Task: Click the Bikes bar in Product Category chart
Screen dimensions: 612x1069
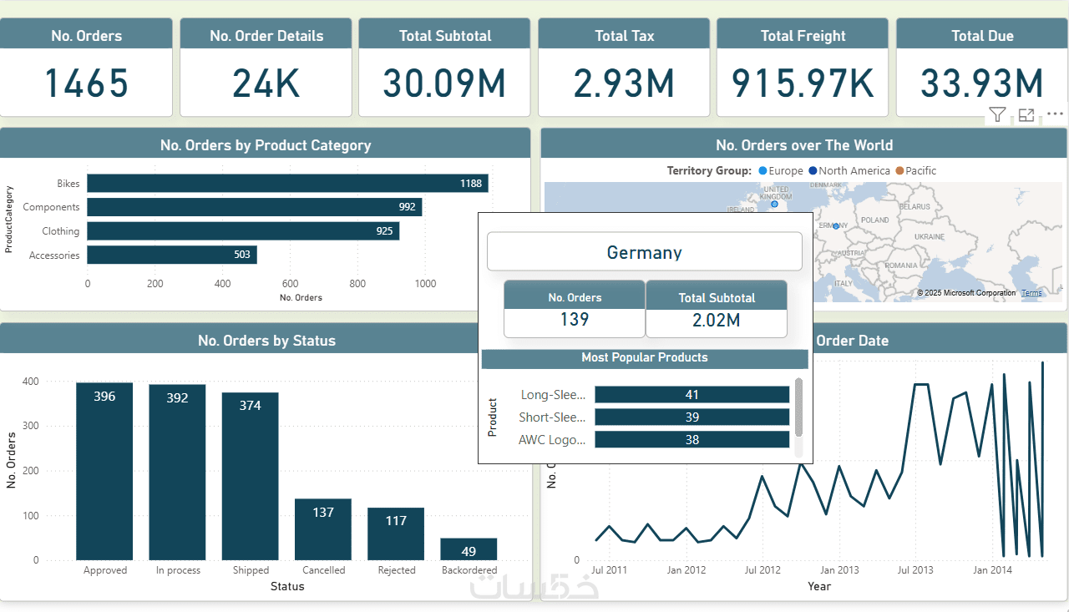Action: pyautogui.click(x=287, y=183)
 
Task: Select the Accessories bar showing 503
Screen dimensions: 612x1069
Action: pyautogui.click(x=172, y=255)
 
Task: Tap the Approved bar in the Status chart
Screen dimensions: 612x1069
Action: pyautogui.click(x=104, y=471)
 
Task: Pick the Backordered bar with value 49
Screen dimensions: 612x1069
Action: pyautogui.click(x=469, y=549)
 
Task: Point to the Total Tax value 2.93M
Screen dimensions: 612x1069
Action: pyautogui.click(x=624, y=83)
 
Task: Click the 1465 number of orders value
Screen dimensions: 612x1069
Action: pyautogui.click(x=86, y=83)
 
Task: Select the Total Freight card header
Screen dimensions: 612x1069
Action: pyautogui.click(x=803, y=36)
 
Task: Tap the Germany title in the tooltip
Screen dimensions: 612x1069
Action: pyautogui.click(x=644, y=252)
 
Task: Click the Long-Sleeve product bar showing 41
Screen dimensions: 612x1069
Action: pyautogui.click(x=692, y=394)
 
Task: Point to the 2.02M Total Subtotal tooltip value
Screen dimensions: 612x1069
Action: pyautogui.click(x=716, y=320)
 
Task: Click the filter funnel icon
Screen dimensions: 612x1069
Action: pyautogui.click(x=997, y=115)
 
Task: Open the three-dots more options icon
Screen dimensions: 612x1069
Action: pyautogui.click(x=1055, y=114)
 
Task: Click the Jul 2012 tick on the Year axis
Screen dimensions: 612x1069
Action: pyautogui.click(x=762, y=570)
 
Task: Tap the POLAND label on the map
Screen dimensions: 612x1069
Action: pyautogui.click(x=875, y=220)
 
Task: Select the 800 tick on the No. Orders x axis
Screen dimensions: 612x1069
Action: pyautogui.click(x=357, y=284)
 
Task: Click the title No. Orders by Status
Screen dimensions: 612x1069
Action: pyautogui.click(x=266, y=341)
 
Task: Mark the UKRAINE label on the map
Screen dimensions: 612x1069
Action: pyautogui.click(x=930, y=236)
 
